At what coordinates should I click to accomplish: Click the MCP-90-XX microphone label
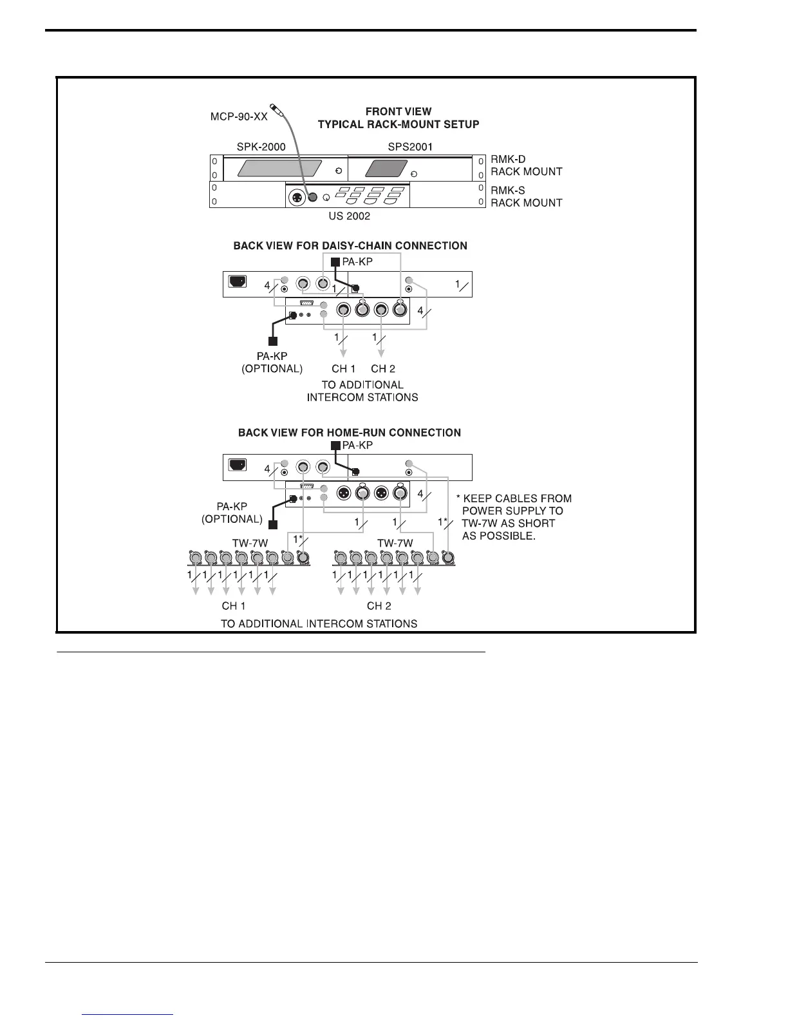[239, 117]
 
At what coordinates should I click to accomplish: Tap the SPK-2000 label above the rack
[261, 147]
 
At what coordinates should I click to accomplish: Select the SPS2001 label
[410, 147]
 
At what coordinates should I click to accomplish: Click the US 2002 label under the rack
[349, 216]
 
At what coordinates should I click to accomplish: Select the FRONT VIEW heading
[399, 111]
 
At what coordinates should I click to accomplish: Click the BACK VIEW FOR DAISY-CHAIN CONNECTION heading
[350, 245]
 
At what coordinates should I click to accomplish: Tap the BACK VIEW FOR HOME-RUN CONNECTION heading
[349, 433]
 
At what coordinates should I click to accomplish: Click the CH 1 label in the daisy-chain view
[344, 369]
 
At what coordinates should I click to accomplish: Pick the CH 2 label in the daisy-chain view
[383, 369]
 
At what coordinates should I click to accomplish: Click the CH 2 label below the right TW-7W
[379, 606]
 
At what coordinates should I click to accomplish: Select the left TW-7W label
[250, 543]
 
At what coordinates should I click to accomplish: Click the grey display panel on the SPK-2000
[279, 169]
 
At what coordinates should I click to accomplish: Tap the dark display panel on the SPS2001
[386, 169]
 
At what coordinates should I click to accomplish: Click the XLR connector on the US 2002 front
[298, 196]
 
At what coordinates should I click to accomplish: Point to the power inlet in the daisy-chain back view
[238, 281]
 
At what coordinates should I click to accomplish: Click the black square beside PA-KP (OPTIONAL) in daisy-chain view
[273, 341]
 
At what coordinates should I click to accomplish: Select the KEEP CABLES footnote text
[515, 517]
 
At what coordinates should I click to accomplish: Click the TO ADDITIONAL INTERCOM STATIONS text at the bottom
[319, 623]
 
